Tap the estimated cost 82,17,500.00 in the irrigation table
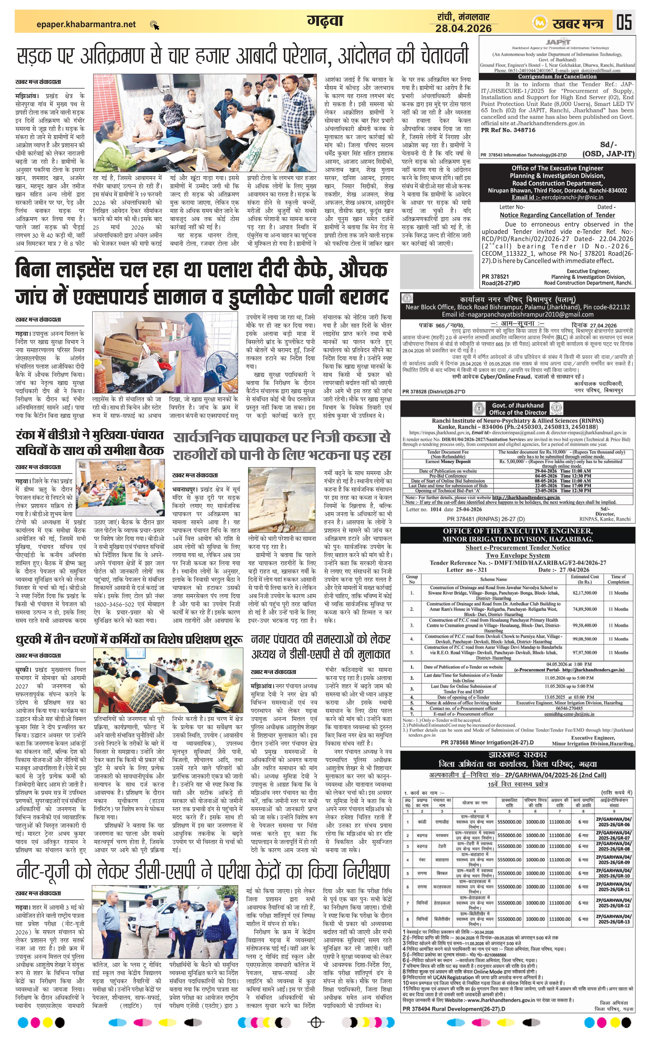[584, 593]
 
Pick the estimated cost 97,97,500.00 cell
[584, 652]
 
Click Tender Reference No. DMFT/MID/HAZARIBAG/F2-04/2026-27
[518, 563]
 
